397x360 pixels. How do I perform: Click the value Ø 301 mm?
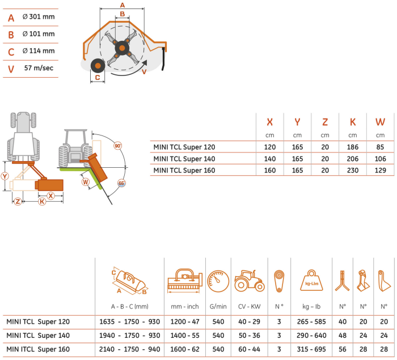coord(39,16)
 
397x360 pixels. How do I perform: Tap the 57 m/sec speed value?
coord(39,68)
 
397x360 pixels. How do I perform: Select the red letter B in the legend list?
coord(11,35)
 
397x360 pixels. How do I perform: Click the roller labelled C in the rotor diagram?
coord(98,66)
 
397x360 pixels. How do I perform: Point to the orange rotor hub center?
coord(122,48)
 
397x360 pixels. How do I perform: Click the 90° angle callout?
coord(118,146)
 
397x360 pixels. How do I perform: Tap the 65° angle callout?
coord(121,183)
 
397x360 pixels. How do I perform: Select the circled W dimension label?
coord(86,182)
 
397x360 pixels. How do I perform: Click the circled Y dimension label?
coord(5,176)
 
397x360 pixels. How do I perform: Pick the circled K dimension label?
coord(42,201)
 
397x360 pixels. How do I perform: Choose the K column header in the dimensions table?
coord(353,122)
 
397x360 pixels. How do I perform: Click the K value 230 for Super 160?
coord(353,171)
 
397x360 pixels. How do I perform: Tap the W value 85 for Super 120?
coord(380,147)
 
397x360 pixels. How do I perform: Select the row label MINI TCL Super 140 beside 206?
coord(184,159)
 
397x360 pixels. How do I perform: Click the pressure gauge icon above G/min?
coord(218,281)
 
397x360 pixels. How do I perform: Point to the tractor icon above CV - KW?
coord(250,281)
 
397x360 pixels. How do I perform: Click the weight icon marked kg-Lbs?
coord(311,281)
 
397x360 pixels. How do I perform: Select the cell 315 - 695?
coord(311,349)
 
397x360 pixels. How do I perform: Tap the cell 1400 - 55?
coord(185,336)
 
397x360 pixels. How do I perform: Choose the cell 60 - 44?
coord(250,349)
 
